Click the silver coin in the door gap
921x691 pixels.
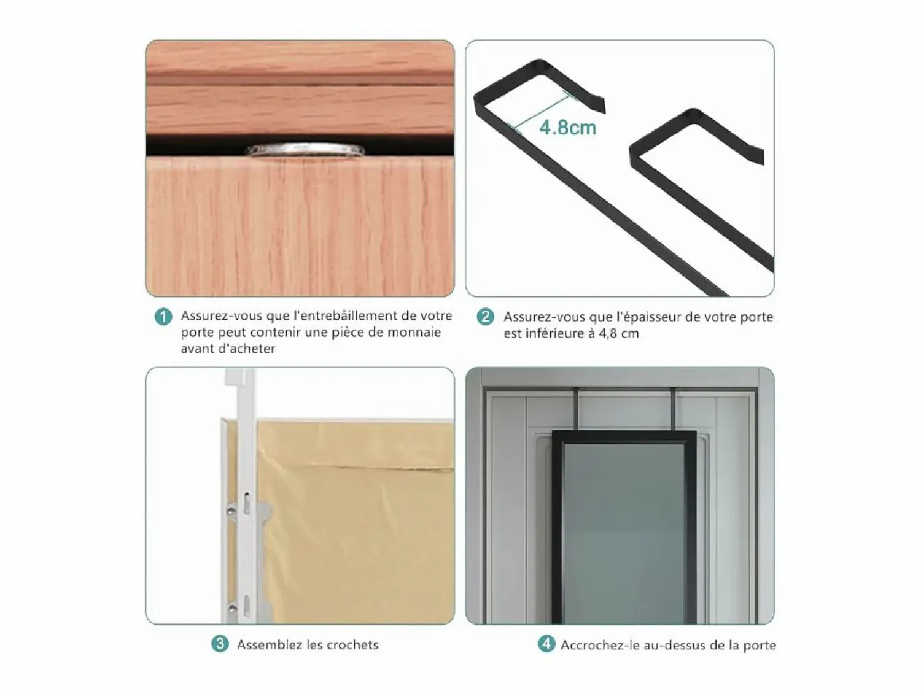(x=305, y=150)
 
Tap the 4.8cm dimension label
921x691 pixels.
(x=567, y=128)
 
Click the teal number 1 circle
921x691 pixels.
(x=164, y=317)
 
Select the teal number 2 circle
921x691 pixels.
(x=486, y=317)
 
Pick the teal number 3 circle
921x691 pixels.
(x=220, y=644)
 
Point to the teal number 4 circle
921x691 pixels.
(x=546, y=644)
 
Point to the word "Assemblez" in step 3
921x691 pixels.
(x=270, y=644)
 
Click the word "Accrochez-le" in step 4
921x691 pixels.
(x=600, y=645)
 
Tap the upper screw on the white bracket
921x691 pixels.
(x=231, y=511)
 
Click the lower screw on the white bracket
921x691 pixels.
(x=232, y=608)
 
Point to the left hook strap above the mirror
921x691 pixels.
(x=578, y=409)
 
